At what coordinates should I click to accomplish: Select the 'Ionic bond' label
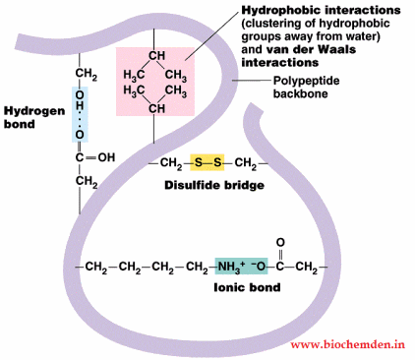246,288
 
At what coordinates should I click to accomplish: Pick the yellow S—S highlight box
207,163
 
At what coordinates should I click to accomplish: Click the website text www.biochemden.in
348,345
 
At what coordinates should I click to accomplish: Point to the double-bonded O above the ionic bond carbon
279,241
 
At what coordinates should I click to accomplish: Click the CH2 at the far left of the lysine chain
97,268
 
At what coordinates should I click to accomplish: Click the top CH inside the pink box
155,56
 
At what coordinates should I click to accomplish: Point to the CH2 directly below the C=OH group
85,180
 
